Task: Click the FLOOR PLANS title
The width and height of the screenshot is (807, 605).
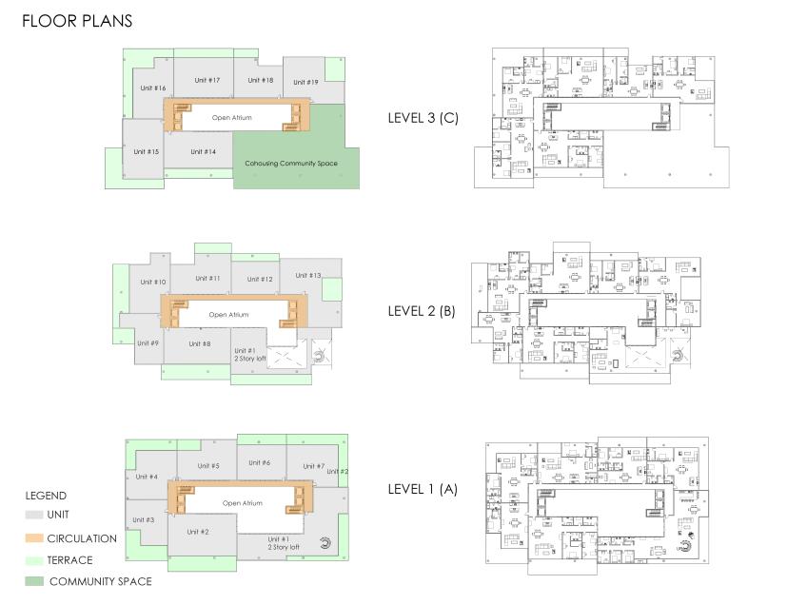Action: click(77, 21)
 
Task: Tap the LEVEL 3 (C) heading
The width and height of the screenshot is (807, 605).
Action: click(423, 118)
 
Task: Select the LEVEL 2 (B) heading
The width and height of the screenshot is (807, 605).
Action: click(422, 311)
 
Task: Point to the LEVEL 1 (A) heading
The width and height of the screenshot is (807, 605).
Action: click(423, 489)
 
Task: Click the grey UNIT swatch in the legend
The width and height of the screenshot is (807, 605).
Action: click(34, 515)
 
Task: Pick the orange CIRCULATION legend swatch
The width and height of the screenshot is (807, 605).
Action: click(34, 538)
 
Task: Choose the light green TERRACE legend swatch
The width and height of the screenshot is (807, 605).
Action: click(34, 560)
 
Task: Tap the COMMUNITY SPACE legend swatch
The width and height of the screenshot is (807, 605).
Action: click(34, 581)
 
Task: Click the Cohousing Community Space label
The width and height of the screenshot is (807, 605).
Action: click(291, 163)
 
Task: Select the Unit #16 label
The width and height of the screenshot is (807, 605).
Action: click(153, 88)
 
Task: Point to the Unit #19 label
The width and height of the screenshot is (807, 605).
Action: click(305, 82)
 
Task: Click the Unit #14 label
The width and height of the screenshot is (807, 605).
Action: click(204, 152)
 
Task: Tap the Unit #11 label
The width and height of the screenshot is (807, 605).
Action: click(207, 279)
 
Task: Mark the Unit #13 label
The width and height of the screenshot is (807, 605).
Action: click(307, 275)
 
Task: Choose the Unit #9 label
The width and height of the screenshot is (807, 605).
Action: click(148, 343)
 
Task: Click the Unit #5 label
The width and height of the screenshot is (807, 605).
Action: click(208, 465)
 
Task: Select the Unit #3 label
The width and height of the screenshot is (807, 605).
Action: click(143, 519)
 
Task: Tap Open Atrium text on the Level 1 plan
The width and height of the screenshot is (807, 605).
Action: click(243, 503)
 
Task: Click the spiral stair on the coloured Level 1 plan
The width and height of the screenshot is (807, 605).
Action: click(325, 543)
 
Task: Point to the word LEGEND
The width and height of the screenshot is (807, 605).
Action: click(46, 496)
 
